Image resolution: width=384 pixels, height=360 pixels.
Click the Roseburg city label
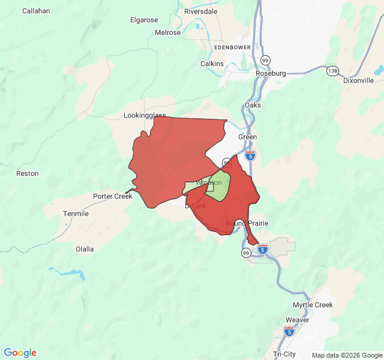click(x=271, y=73)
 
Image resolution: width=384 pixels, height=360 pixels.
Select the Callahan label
click(x=36, y=11)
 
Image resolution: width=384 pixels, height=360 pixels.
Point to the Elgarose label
click(x=144, y=20)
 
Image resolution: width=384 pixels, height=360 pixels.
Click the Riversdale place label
click(x=200, y=11)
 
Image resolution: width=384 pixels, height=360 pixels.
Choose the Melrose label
click(x=167, y=32)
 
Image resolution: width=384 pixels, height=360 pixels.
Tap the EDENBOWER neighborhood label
click(x=232, y=46)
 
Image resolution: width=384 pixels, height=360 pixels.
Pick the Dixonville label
click(x=358, y=80)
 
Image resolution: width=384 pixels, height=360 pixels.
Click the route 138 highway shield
click(x=332, y=71)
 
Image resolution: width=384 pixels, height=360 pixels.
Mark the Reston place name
click(x=28, y=173)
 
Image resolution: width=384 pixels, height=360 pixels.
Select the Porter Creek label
click(x=112, y=196)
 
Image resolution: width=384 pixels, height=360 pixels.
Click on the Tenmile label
click(x=76, y=214)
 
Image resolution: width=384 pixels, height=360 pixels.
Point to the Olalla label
click(x=85, y=249)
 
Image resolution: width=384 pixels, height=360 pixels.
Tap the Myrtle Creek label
click(x=313, y=305)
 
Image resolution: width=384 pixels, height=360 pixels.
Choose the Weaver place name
click(x=298, y=320)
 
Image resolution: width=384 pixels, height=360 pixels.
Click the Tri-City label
click(x=285, y=354)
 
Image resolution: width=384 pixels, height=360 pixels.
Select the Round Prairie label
click(x=247, y=223)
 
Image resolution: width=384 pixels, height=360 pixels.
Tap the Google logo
click(x=20, y=353)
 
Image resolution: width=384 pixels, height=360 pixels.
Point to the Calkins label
click(x=212, y=64)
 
